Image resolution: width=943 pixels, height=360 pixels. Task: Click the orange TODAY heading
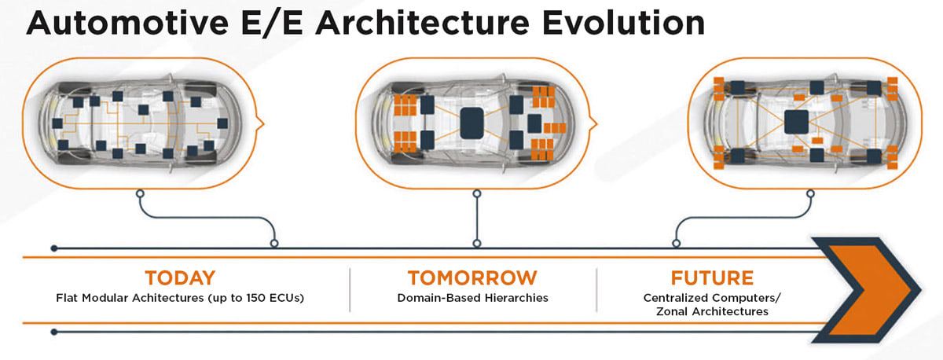point(179,278)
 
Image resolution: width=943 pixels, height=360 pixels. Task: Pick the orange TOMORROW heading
point(472,278)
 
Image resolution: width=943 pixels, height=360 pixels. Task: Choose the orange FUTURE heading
point(712,278)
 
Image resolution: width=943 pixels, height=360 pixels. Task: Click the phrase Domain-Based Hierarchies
point(472,298)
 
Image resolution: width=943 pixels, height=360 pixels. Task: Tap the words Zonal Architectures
point(712,312)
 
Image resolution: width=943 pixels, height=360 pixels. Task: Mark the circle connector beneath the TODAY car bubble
point(139,193)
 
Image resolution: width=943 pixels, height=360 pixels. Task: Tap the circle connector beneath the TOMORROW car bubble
point(475,193)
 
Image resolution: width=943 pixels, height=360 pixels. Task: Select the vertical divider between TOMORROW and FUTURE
point(596,289)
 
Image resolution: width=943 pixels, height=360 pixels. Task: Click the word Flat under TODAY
point(67,298)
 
